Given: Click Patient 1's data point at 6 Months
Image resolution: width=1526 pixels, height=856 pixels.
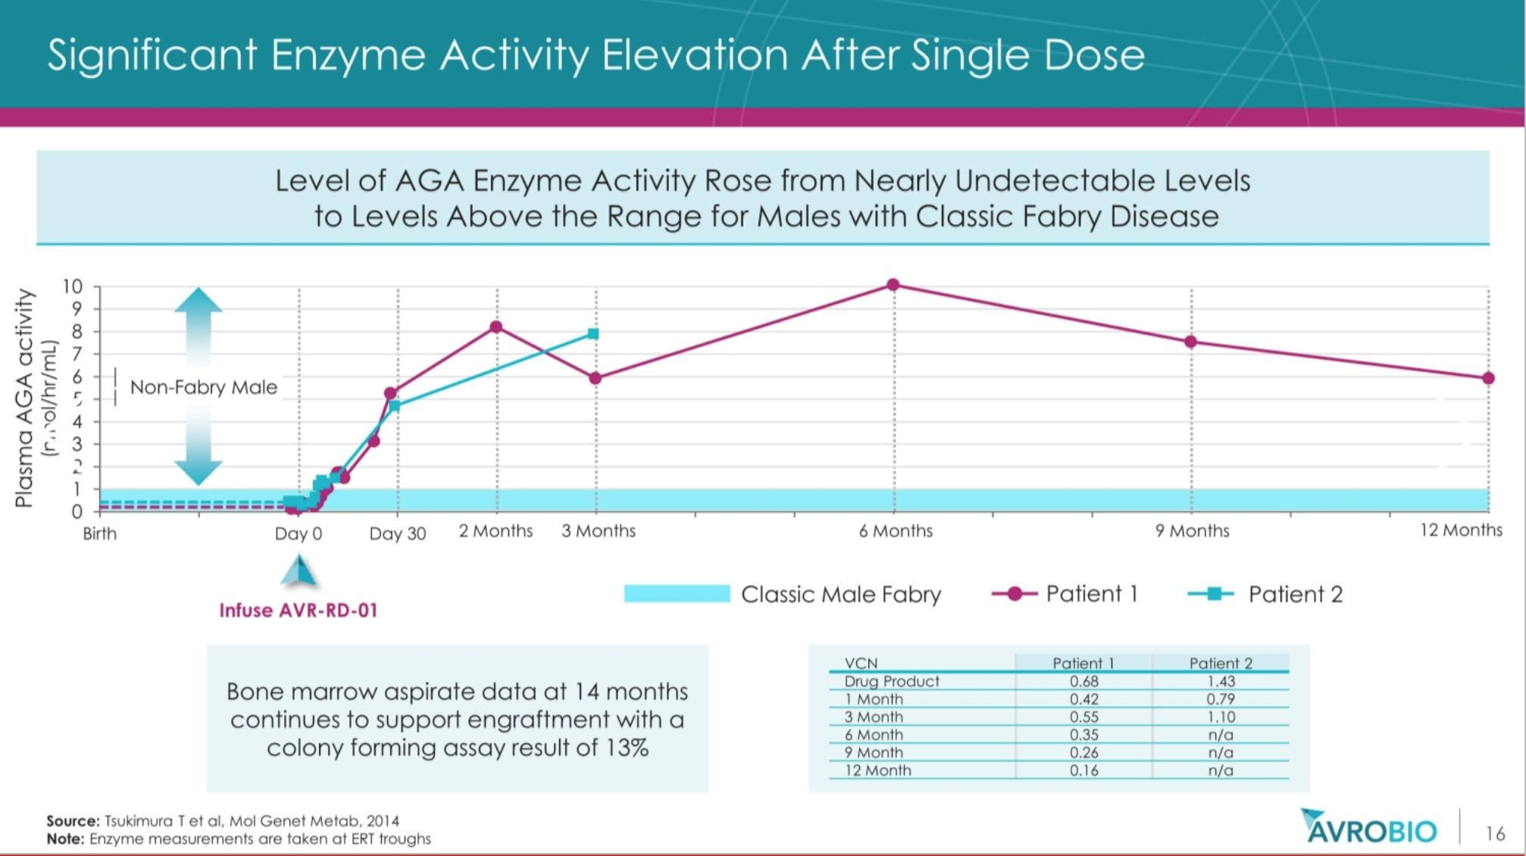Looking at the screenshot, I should coord(893,285).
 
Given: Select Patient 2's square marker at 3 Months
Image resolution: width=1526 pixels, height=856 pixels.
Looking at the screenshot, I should coord(593,334).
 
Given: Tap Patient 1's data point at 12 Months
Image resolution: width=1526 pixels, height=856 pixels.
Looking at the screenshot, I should coord(1488,378).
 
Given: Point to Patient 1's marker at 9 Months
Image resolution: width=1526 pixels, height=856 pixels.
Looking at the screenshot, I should coord(1191,342).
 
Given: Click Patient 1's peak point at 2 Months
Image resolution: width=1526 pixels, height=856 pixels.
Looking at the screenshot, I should coord(496,327).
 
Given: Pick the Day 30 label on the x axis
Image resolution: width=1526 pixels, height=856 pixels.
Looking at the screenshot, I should coord(397,534).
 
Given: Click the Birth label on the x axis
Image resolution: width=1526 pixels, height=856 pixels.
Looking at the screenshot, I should coord(100,534).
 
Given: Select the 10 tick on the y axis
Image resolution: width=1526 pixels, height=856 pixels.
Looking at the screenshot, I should coord(72,287).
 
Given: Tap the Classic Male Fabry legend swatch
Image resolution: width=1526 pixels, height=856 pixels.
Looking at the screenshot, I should coord(677,594).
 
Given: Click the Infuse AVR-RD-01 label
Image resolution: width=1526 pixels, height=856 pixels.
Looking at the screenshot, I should coord(298,611).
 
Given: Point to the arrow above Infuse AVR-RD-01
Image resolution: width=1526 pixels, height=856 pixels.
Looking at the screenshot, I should coord(299,572).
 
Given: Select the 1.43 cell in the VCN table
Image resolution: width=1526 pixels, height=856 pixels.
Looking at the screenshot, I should coord(1221,681).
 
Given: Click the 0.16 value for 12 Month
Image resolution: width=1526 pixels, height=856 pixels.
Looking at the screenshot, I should coord(1084,770).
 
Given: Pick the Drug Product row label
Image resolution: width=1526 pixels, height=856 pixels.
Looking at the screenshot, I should coord(892,681).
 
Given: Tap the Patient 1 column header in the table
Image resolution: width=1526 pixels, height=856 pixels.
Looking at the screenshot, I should coord(1084,664).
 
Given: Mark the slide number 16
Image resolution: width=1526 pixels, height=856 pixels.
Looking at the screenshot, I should coord(1495,834).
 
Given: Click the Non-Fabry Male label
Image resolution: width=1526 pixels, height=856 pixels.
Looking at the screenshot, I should coord(204,388).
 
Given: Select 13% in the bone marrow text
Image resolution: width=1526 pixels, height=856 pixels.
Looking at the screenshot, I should coord(627,748).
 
